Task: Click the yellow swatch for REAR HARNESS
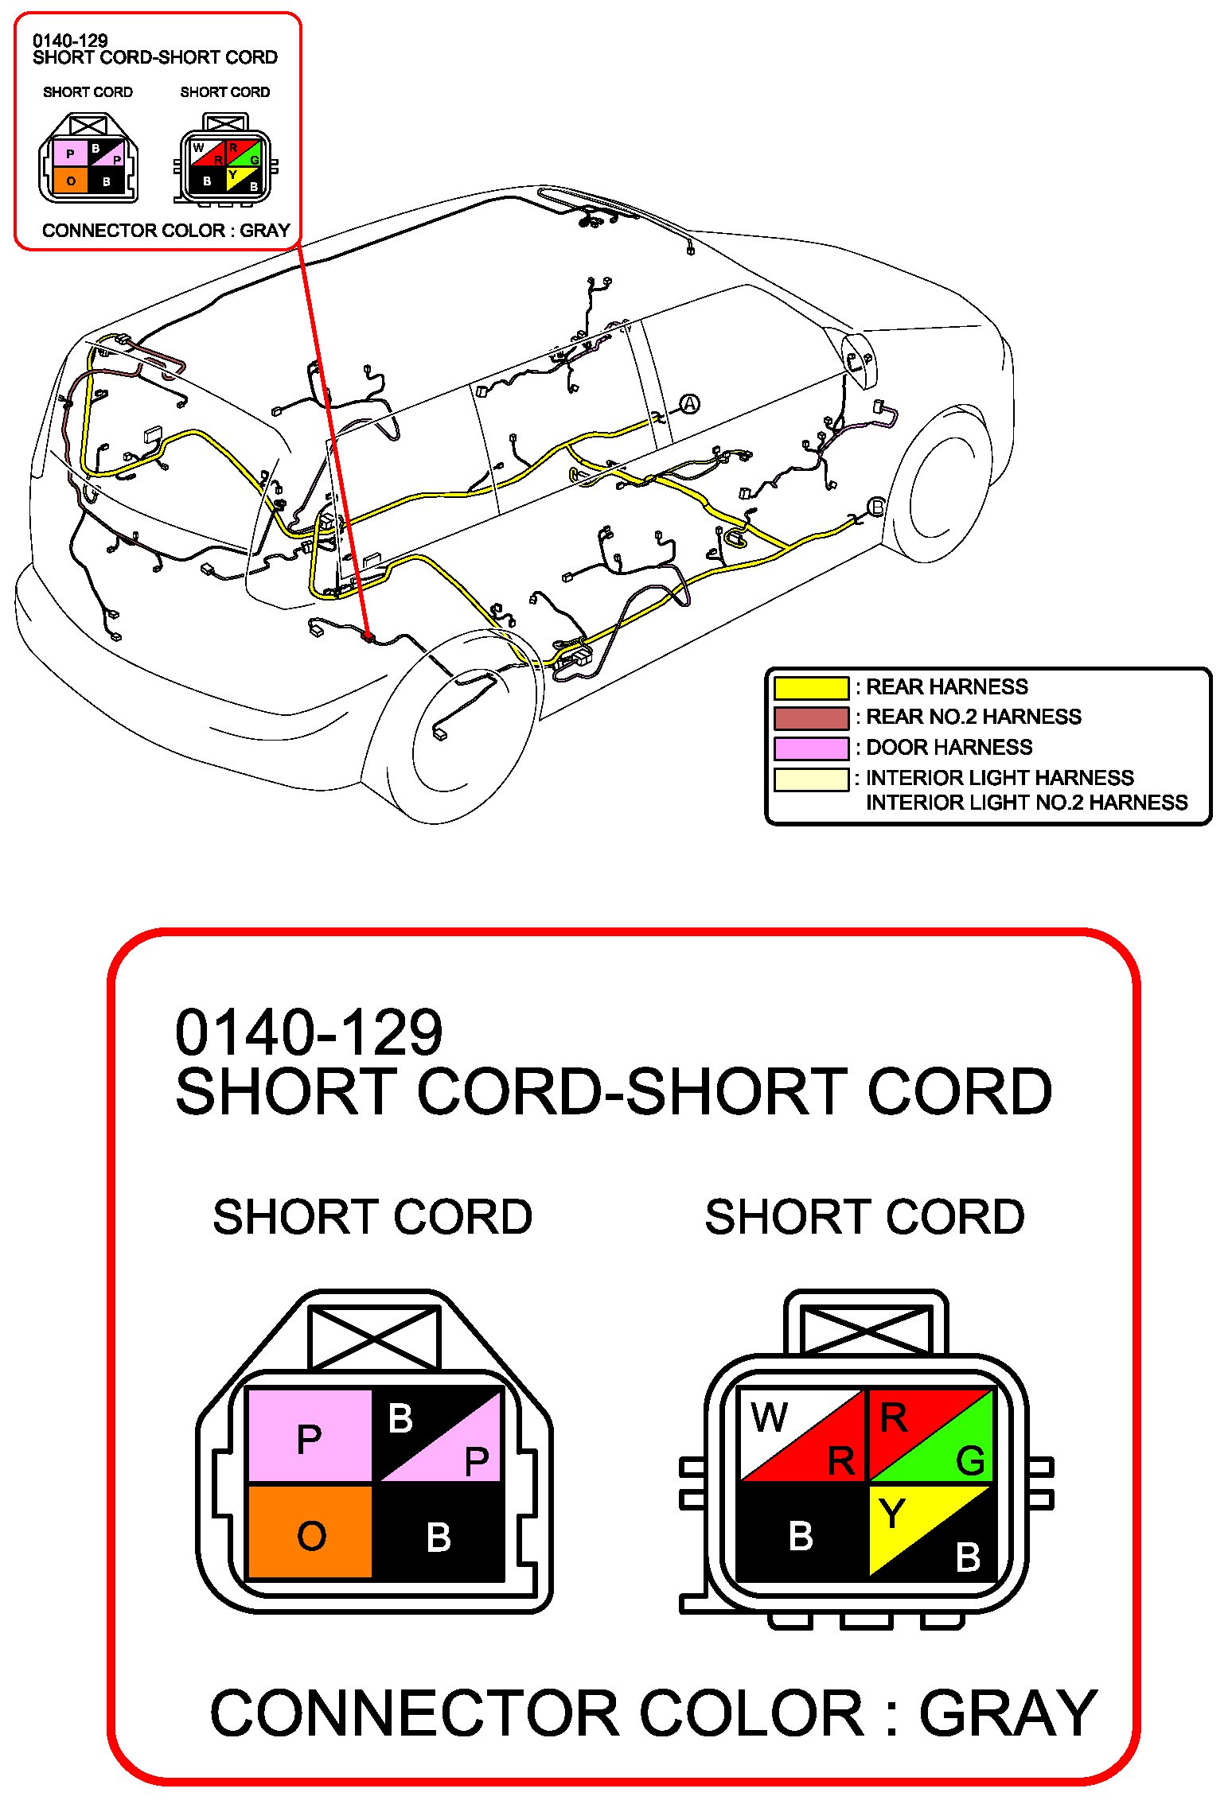pos(811,687)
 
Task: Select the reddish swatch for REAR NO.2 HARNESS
pos(811,717)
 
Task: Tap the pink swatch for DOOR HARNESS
pos(811,748)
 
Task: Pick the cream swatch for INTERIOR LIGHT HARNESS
pos(811,779)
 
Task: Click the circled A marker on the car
pos(689,404)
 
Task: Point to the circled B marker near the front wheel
pos(875,506)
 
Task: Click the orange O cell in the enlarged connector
pos(310,1531)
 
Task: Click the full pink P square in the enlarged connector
pos(310,1436)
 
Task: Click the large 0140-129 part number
pos(309,1032)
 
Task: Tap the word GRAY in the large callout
pos(1008,1713)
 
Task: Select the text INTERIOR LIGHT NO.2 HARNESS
pos(1026,802)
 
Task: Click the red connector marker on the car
pos(368,636)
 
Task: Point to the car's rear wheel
pos(450,728)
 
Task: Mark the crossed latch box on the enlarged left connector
pos(373,1338)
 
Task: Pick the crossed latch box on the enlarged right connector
pos(866,1330)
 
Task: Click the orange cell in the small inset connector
pos(70,181)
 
